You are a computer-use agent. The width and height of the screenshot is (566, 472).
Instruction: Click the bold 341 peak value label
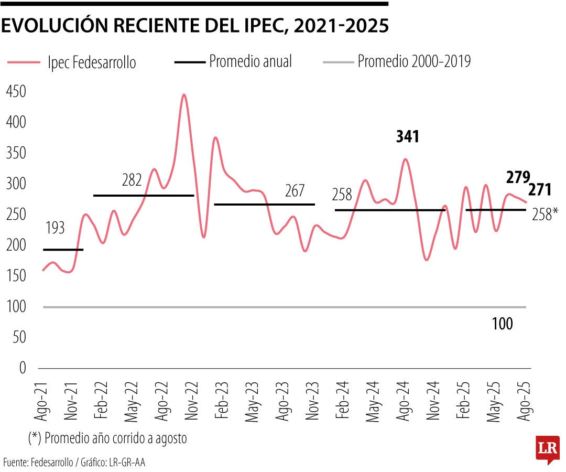(408, 137)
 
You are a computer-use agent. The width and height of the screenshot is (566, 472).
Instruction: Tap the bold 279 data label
(518, 177)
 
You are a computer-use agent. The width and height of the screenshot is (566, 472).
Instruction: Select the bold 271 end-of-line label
(539, 190)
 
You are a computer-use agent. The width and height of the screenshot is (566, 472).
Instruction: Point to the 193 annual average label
(55, 228)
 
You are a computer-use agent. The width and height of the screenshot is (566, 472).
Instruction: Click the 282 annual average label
(132, 180)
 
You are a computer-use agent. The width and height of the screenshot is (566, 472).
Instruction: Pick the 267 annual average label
(295, 191)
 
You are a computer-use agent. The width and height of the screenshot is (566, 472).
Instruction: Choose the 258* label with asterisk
(545, 213)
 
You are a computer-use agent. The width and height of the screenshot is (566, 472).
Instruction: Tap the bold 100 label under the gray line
(502, 324)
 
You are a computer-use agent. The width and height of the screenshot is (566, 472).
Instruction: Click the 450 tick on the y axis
(16, 92)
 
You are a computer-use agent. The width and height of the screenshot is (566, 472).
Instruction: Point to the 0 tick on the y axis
(23, 368)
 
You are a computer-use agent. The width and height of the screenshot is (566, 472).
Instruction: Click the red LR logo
(548, 449)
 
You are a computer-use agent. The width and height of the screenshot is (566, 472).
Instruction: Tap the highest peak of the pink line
(183, 95)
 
